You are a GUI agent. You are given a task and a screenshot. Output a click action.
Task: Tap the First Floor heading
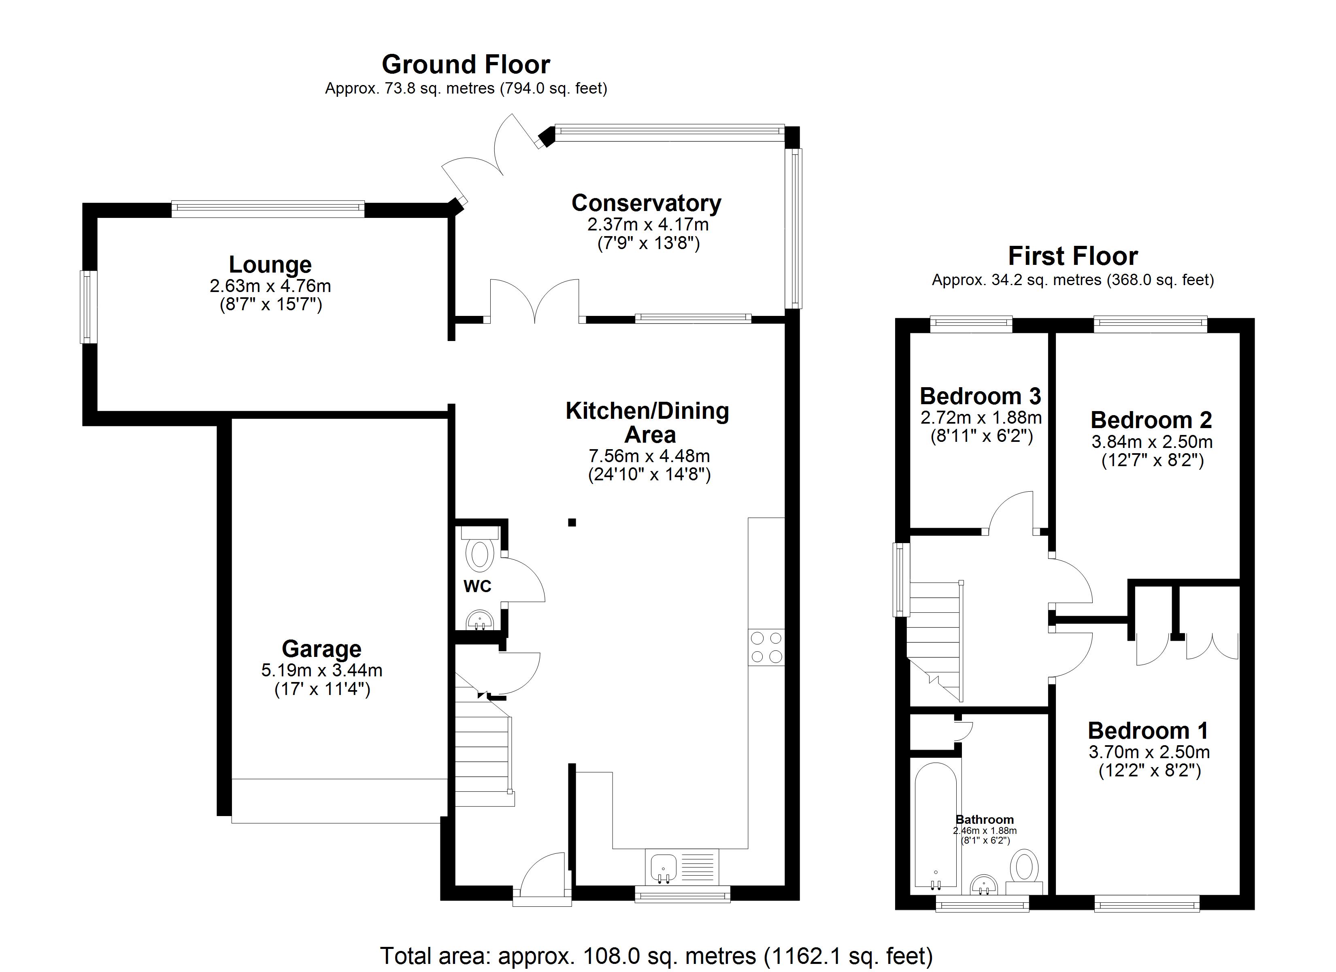tap(1073, 256)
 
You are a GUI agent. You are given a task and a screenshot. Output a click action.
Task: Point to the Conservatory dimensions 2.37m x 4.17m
tap(647, 225)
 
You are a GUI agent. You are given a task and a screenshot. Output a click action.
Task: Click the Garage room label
tap(321, 649)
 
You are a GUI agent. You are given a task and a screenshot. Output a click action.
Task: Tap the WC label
tap(477, 586)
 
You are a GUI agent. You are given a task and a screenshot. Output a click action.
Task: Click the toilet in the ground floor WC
tap(479, 549)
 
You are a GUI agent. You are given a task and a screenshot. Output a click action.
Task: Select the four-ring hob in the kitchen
tap(766, 648)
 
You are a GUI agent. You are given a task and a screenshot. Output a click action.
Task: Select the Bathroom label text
tap(984, 820)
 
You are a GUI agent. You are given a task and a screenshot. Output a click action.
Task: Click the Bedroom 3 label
tap(980, 396)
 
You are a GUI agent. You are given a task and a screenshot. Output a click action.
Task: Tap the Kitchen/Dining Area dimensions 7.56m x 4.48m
tap(649, 456)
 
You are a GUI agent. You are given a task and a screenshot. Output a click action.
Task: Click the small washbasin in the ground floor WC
tap(479, 621)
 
